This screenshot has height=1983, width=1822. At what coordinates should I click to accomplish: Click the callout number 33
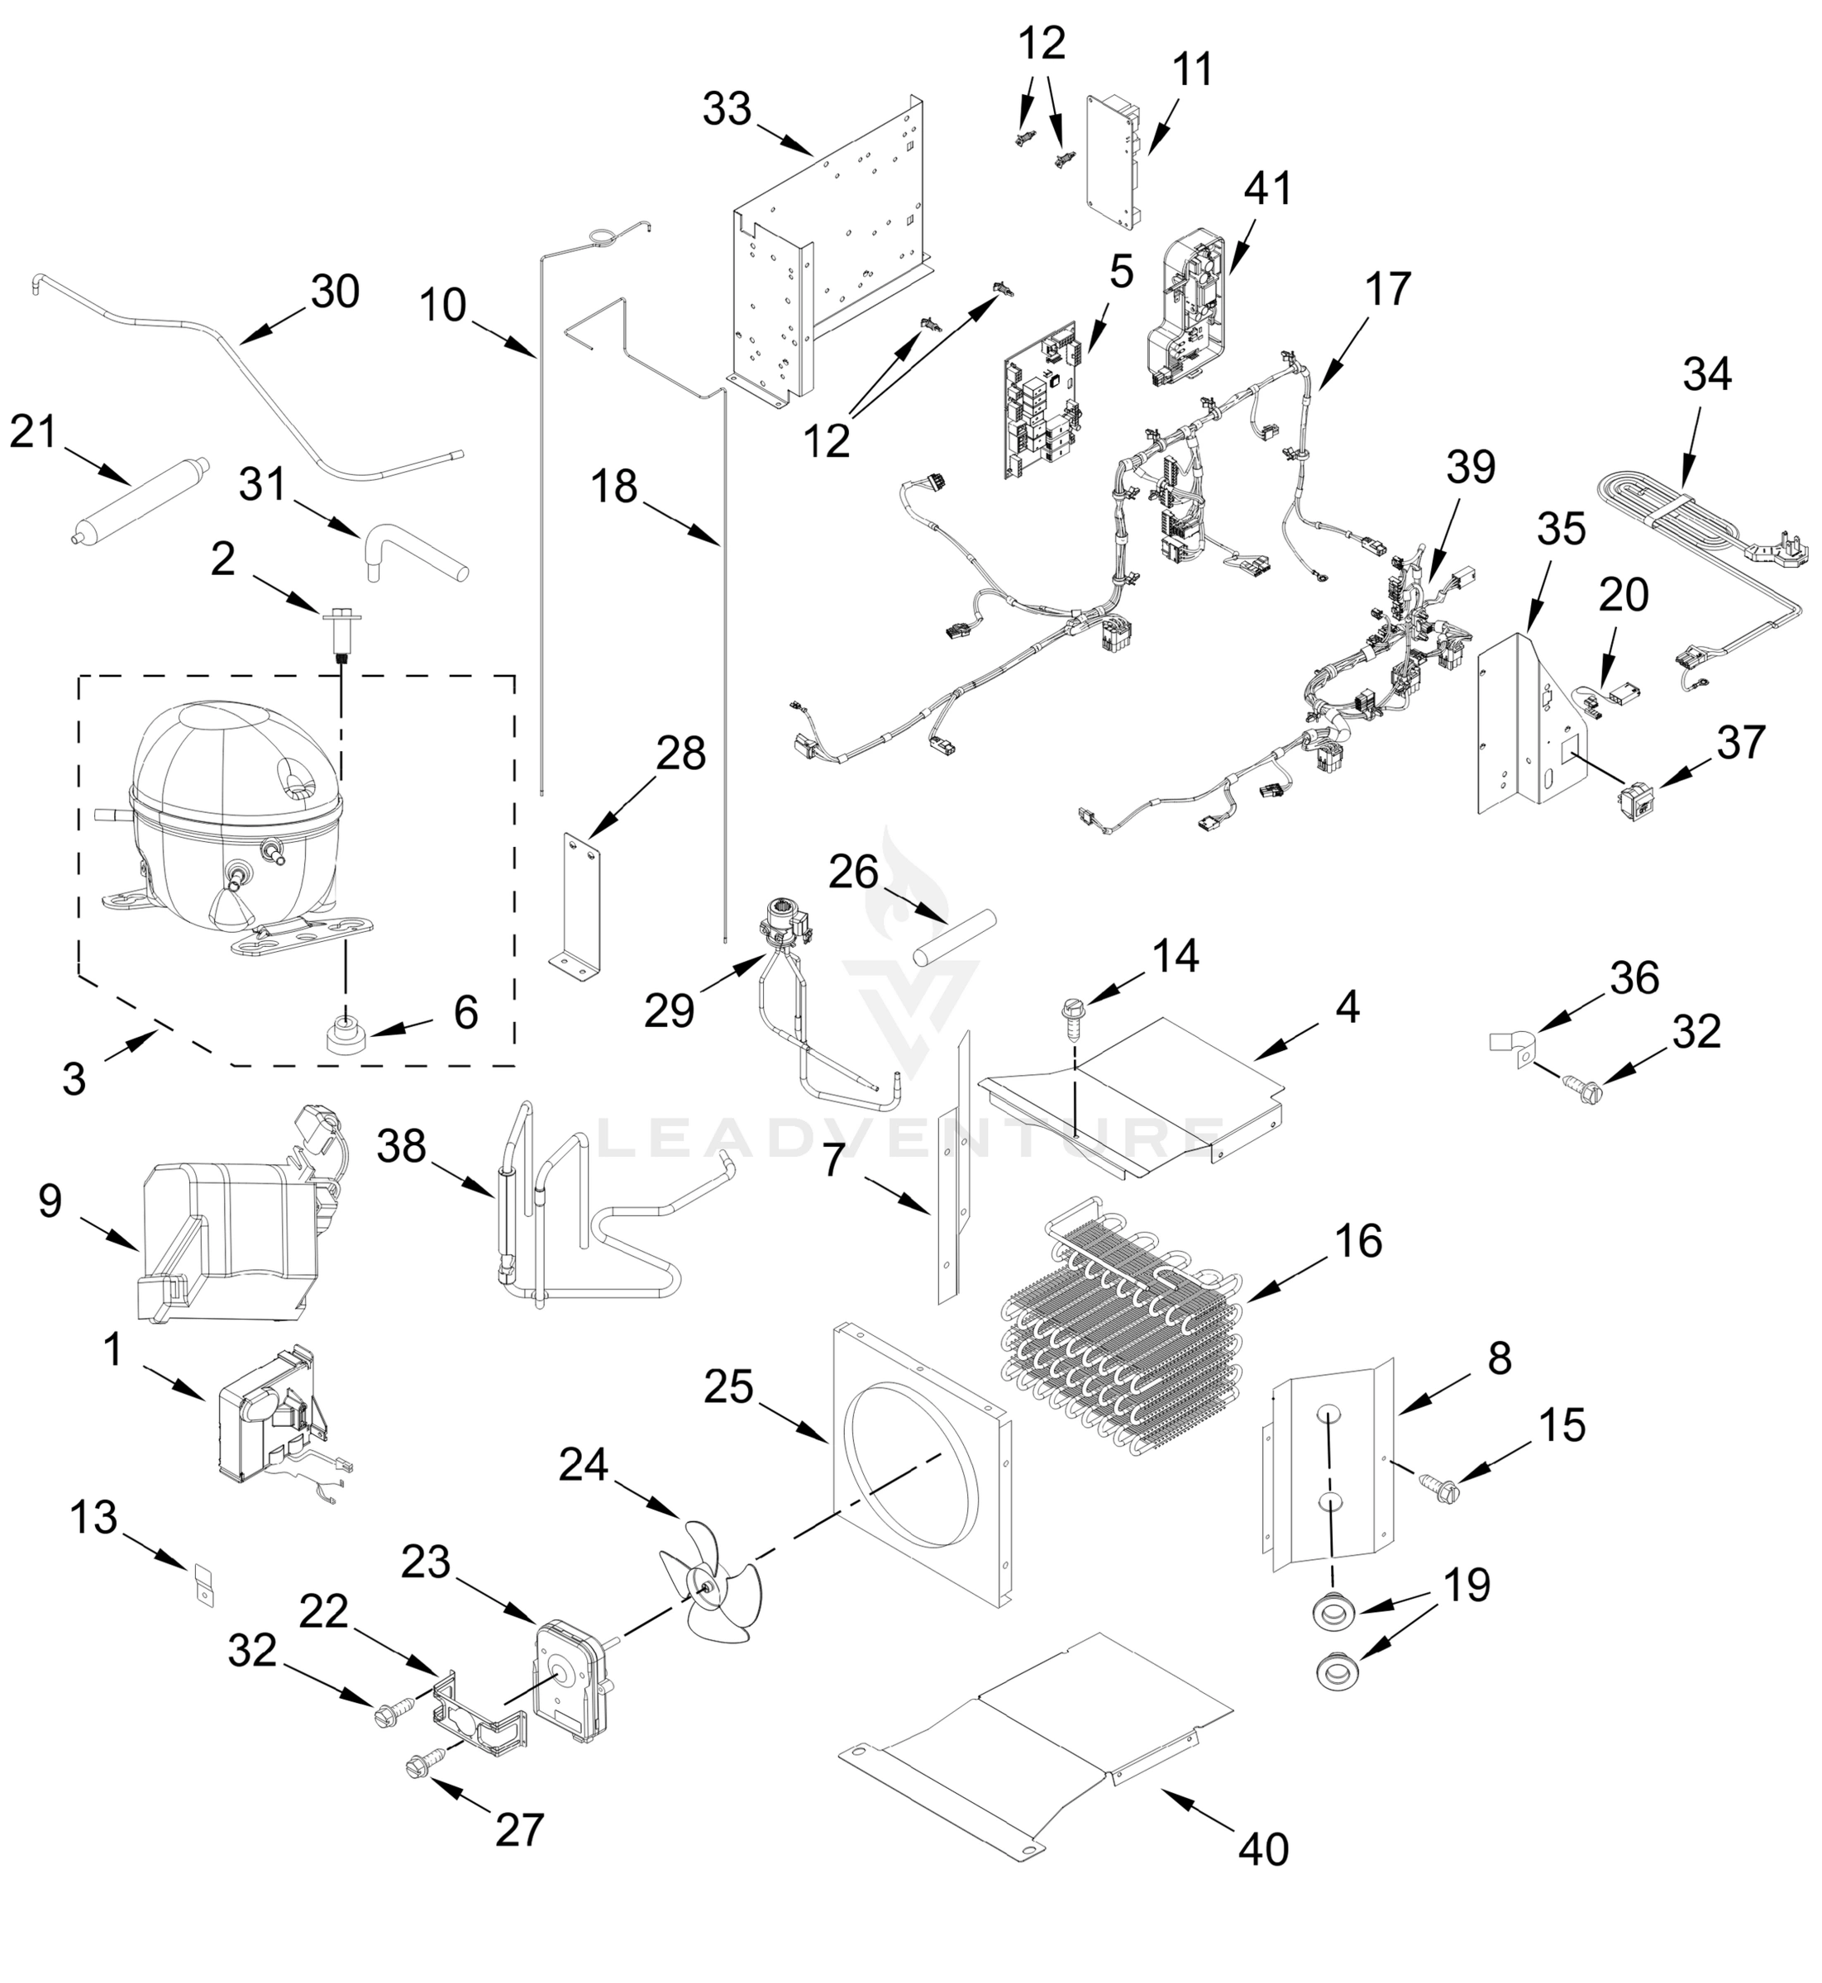tap(727, 108)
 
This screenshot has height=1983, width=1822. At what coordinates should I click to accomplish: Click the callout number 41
tap(1267, 188)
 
